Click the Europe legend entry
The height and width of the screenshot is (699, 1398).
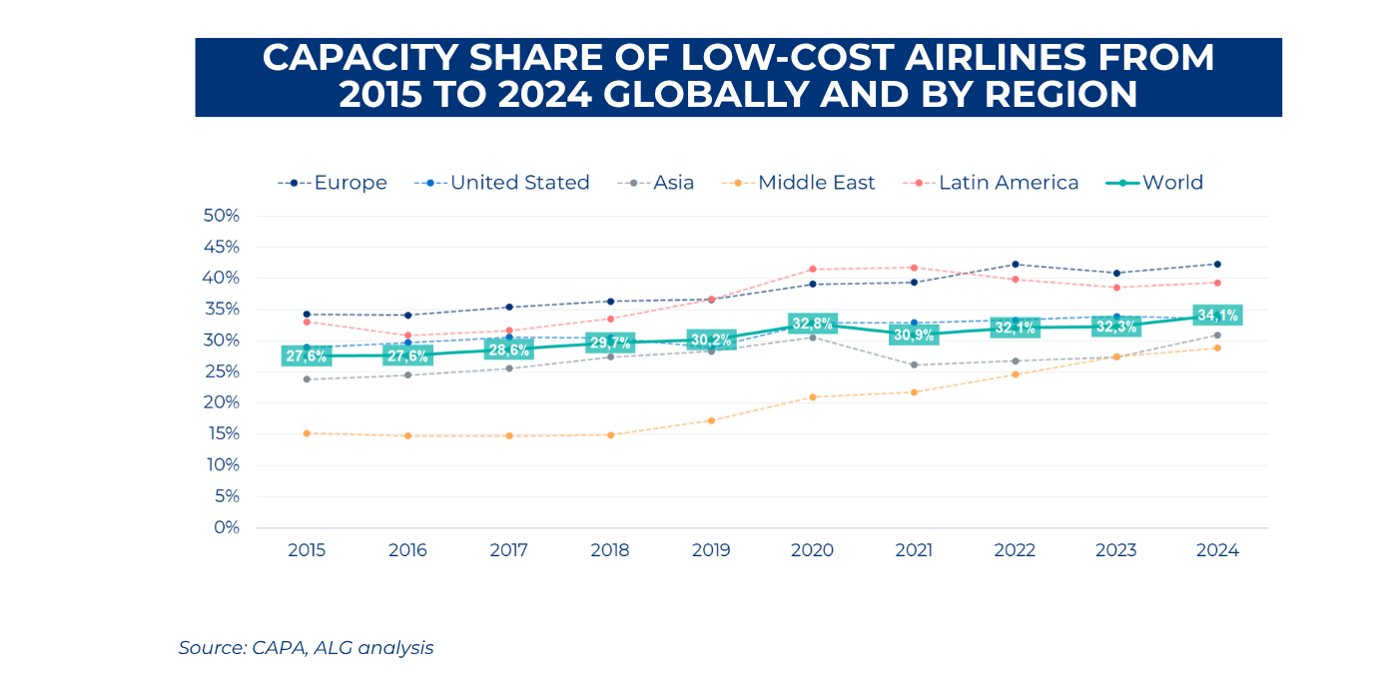333,183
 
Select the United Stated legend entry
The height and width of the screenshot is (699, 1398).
502,183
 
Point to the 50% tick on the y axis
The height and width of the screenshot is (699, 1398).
221,216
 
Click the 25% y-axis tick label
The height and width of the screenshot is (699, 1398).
221,371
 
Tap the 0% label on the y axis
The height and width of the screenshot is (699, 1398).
226,527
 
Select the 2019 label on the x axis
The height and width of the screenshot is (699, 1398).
711,551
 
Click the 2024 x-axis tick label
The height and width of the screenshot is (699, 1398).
1216,551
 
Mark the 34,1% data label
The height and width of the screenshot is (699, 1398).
1217,316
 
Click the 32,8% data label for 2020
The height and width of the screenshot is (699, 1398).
812,324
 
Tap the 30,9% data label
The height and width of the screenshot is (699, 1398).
913,335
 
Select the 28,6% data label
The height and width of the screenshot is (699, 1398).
508,349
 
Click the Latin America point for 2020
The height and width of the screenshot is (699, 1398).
813,269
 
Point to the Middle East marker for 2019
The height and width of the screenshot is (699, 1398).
711,420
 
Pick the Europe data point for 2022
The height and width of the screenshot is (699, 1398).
1015,265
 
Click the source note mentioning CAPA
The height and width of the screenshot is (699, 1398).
306,647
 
